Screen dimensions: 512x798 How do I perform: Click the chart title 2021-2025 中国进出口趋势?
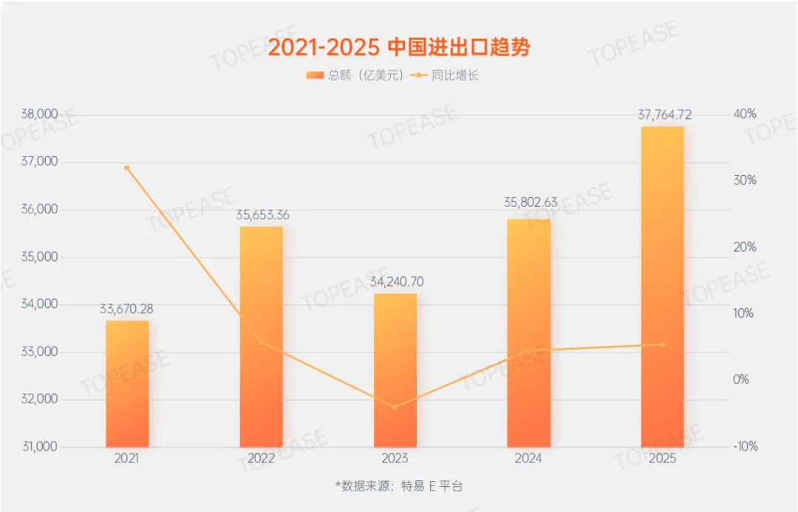[398, 47]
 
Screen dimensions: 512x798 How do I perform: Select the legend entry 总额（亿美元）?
[355, 75]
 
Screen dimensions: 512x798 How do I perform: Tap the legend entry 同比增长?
[446, 75]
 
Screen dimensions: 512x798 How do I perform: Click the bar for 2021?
[127, 383]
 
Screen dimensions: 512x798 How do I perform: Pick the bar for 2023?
[395, 369]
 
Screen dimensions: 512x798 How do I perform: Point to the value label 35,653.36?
[262, 215]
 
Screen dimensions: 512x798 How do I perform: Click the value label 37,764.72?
[663, 115]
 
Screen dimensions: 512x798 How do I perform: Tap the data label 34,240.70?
[395, 281]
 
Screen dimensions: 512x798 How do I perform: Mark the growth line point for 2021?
[127, 168]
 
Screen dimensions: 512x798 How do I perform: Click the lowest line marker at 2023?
[395, 407]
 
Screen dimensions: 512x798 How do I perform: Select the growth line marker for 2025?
[662, 344]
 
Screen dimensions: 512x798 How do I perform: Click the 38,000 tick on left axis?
[40, 115]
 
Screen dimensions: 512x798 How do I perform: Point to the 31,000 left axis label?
[40, 447]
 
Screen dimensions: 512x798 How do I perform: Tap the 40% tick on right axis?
[745, 114]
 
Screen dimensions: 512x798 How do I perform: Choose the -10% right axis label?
[743, 446]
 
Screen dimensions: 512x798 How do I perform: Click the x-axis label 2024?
[528, 458]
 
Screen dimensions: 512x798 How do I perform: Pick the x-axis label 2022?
[261, 458]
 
